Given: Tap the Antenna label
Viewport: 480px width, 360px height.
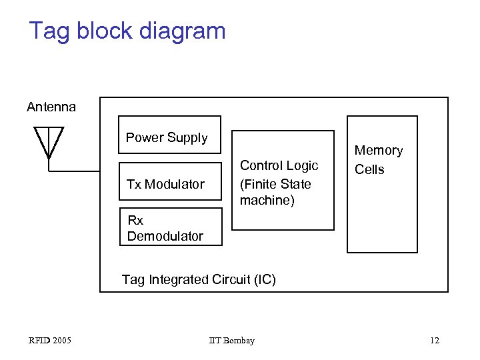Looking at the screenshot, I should coord(51,107).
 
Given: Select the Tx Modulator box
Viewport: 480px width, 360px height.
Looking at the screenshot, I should coord(170,181).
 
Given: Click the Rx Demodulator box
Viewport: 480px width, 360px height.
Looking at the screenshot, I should coord(170,227).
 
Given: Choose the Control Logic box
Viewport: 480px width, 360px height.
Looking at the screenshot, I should coord(283,181).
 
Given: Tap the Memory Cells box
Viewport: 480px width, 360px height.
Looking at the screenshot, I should coord(382,184).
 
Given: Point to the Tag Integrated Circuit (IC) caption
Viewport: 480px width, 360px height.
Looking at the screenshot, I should coord(199,279).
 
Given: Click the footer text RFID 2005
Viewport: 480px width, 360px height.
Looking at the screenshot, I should coord(50,341).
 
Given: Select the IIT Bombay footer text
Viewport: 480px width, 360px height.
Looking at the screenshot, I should coord(231,341).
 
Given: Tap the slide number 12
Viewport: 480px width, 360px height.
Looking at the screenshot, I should coord(434,341).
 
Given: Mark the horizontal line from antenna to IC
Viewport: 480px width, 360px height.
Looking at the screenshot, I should coord(75,171).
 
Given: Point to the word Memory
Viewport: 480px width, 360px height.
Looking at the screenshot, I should coord(379,151).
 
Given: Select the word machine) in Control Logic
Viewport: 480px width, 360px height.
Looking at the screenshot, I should coord(267,200).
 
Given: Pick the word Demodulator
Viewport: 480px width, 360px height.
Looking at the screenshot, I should coord(165,236).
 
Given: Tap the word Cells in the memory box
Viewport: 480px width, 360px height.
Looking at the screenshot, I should coord(369,169).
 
